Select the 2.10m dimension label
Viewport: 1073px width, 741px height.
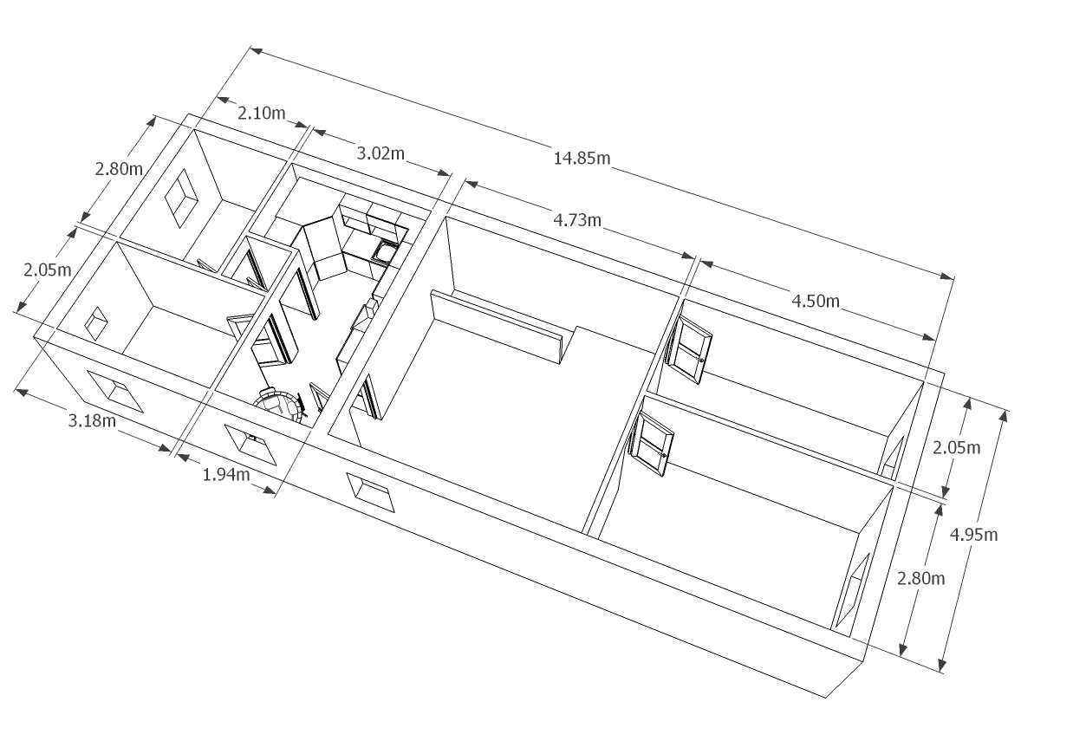click(261, 113)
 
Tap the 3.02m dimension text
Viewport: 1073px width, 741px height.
click(380, 153)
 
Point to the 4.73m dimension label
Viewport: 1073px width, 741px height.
click(577, 219)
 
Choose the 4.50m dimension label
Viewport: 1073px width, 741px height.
click(816, 301)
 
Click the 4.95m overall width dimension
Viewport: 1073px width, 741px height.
click(973, 534)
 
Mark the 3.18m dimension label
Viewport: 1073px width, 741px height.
click(92, 421)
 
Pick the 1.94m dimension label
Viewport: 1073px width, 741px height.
click(226, 474)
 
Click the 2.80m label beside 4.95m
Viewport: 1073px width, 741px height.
click(920, 577)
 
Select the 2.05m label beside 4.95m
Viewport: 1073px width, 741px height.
click(956, 447)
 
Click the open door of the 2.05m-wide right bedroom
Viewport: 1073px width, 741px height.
click(693, 348)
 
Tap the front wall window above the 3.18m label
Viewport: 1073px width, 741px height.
click(114, 392)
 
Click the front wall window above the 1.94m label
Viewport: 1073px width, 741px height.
click(252, 443)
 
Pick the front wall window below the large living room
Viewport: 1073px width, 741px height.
click(370, 492)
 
